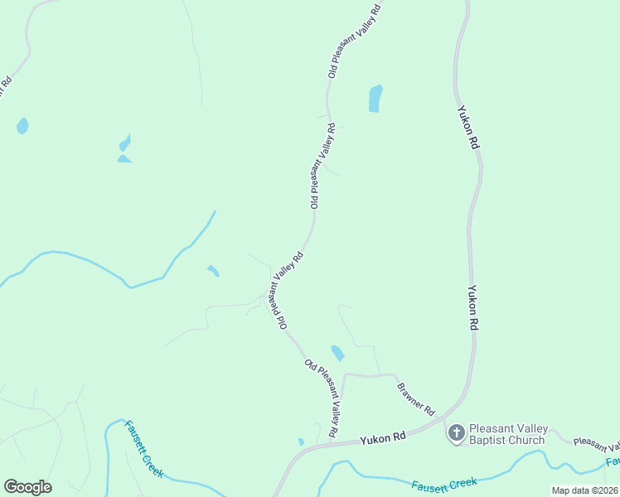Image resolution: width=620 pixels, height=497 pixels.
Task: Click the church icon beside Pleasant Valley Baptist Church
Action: pos(456,435)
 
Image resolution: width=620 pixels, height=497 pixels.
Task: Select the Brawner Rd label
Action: pos(415,398)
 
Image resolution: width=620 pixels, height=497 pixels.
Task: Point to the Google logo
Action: pos(27,487)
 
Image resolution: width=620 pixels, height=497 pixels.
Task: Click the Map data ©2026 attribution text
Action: pos(584,490)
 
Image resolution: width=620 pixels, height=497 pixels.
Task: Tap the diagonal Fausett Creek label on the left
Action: pos(144,449)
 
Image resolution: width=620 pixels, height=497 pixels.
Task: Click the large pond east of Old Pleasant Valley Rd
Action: pos(375,99)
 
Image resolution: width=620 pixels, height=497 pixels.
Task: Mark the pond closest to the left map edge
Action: pos(22,126)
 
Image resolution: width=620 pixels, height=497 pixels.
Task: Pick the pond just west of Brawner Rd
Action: pos(337,353)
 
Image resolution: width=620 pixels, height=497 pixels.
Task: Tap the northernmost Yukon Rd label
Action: pos(467,127)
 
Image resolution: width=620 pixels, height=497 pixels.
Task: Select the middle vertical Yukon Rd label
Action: pos(472,309)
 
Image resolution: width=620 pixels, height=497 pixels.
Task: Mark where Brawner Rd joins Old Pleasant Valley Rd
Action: pos(343,377)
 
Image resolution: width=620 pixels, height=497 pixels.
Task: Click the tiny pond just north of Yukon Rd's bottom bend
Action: pos(301,442)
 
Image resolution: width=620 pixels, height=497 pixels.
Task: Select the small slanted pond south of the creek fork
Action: pos(213,271)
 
